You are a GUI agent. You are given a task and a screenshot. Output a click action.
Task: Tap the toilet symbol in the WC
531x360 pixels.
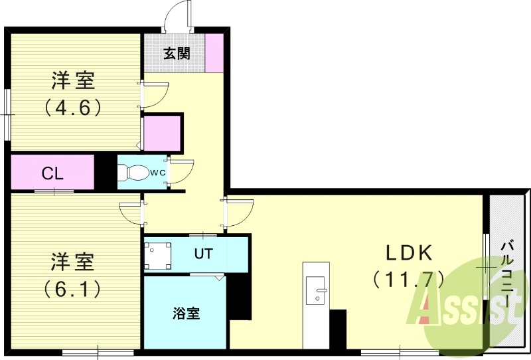tap(134, 173)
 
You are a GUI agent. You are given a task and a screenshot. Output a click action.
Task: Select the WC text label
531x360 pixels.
tap(157, 173)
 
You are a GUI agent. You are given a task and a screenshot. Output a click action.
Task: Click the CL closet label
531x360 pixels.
tap(52, 174)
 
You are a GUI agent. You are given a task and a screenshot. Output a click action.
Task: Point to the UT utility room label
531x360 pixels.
tap(203, 253)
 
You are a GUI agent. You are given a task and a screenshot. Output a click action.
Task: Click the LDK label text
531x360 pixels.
tap(410, 253)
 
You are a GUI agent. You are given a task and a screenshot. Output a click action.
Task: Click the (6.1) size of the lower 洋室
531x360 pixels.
tap(73, 288)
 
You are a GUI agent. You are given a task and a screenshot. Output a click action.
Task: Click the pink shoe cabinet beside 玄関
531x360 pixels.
tap(214, 52)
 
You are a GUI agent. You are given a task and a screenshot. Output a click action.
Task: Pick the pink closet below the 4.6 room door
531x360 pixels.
tap(162, 134)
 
